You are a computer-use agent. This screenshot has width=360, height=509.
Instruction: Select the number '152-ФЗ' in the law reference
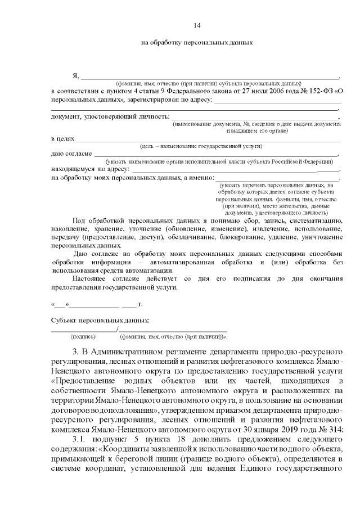pyautogui.click(x=323, y=91)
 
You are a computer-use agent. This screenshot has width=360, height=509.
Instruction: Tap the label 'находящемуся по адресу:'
pyautogui.click(x=90, y=168)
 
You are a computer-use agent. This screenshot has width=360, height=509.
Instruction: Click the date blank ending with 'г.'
pyautogui.click(x=96, y=304)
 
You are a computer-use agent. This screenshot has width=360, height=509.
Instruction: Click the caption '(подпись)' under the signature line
pyautogui.click(x=82, y=336)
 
